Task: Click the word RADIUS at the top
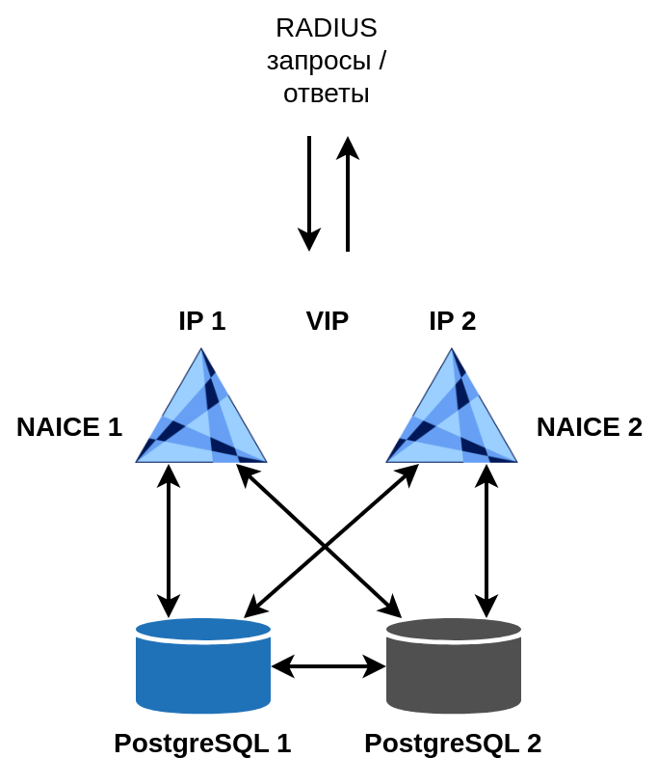point(327,28)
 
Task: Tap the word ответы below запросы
point(327,94)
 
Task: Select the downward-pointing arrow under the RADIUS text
point(309,193)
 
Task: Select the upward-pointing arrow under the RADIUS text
point(348,193)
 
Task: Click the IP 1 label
point(202,320)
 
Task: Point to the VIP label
point(328,320)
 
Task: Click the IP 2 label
point(453,320)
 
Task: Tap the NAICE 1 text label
point(69,426)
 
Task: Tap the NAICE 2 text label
point(590,426)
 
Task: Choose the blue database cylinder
point(203,666)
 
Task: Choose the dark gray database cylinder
point(454,666)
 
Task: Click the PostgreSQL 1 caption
point(202,743)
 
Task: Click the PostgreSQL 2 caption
point(453,743)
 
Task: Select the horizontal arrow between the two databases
point(328,665)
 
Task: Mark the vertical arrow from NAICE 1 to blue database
point(169,540)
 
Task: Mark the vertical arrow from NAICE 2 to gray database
point(486,540)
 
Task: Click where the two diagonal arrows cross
point(326,546)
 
